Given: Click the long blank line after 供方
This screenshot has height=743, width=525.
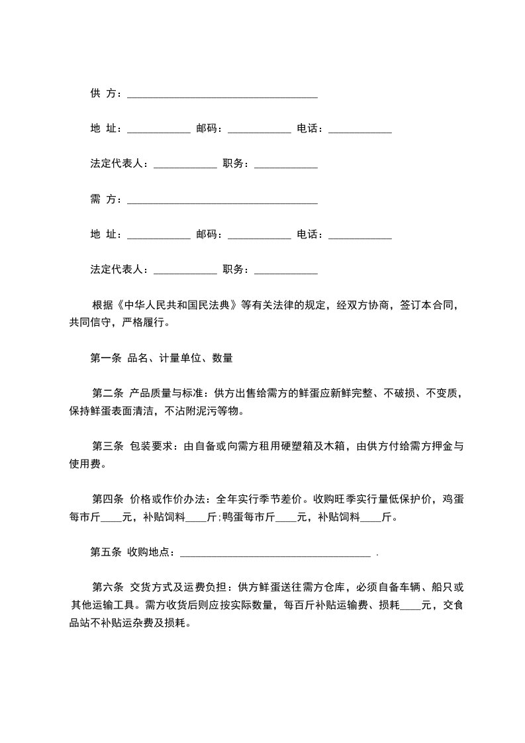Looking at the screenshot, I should point(222,96).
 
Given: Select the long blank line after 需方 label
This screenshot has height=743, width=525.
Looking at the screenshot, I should point(222,201).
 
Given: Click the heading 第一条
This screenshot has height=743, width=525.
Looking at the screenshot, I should point(105,358).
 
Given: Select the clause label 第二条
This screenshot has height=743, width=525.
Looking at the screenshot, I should point(108,393).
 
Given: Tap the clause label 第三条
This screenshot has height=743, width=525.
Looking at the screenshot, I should point(108,446).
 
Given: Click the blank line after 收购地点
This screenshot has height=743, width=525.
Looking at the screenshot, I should point(275,554).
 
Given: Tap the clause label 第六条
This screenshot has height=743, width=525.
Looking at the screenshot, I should point(108,587).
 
